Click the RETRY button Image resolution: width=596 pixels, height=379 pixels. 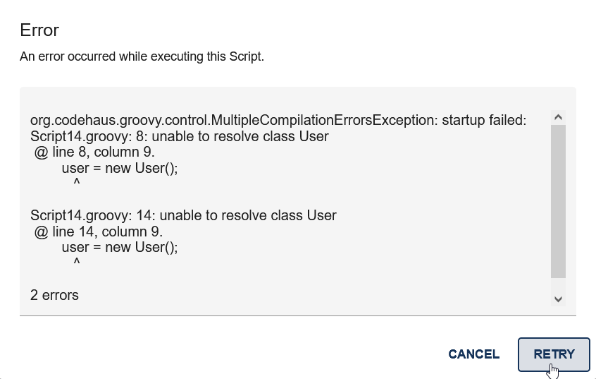[x=554, y=354]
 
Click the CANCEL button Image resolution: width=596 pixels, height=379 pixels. [x=473, y=354]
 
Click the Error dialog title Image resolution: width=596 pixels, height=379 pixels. [x=39, y=30]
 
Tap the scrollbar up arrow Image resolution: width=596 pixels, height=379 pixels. [x=558, y=117]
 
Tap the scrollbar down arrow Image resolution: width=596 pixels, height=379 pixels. [x=558, y=299]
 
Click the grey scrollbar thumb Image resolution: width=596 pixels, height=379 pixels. [x=558, y=201]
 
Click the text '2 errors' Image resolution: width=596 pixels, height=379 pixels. [x=54, y=295]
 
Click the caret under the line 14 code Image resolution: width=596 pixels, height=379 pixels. [x=76, y=263]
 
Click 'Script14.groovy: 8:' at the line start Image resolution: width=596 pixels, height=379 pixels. [x=79, y=137]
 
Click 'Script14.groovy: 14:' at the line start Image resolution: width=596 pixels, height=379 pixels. [x=82, y=216]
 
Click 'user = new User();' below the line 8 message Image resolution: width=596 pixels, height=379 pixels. [x=120, y=168]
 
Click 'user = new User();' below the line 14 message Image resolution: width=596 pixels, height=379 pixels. [x=120, y=247]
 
